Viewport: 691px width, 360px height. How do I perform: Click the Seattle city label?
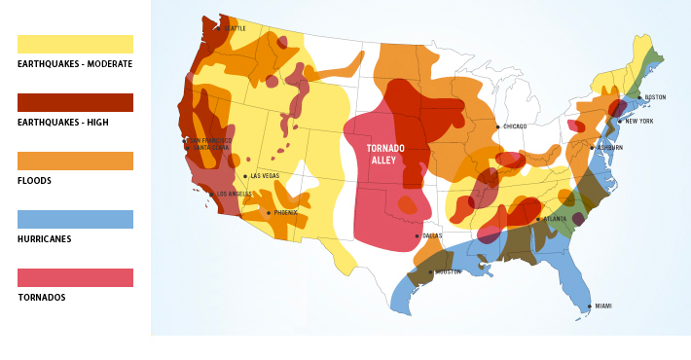coord(235,28)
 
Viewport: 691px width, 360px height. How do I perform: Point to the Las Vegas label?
coord(265,176)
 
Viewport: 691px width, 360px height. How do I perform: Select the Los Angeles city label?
coord(234,194)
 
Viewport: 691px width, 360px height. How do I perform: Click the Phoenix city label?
coord(285,212)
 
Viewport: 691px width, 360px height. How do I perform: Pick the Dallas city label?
coord(432,235)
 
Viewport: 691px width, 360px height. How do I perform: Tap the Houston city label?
coord(448,271)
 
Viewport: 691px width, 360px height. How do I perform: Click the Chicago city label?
coord(515,126)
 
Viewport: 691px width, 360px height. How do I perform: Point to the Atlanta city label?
coord(555,219)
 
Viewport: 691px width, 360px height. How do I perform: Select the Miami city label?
coord(603,306)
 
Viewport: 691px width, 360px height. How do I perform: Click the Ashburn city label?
coord(609,148)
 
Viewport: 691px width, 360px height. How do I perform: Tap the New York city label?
coord(638,121)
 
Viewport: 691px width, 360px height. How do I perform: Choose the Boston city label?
coord(655,97)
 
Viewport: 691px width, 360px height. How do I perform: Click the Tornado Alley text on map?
coord(385,154)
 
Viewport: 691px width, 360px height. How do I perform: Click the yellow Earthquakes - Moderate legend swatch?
coord(75,44)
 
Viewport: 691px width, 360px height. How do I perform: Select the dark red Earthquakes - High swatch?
coord(75,102)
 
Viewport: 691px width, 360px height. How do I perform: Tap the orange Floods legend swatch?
coord(75,161)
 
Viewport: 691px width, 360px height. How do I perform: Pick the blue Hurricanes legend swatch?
coord(75,219)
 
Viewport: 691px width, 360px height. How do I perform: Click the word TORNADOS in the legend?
coord(41,298)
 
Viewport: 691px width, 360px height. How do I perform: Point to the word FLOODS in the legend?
coord(34,181)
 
